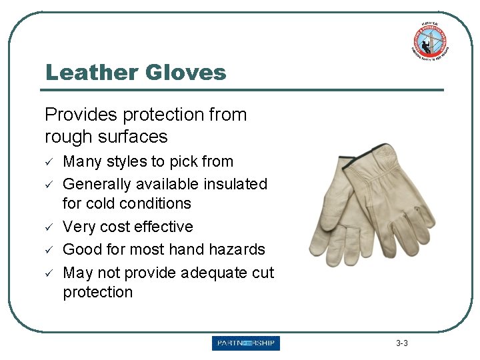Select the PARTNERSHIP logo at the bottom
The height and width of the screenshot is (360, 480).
point(246,343)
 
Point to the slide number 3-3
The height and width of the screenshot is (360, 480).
point(401,343)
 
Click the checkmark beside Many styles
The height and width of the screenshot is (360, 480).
point(49,162)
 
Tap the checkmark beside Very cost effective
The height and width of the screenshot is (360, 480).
point(49,227)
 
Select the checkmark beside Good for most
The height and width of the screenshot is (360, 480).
point(49,250)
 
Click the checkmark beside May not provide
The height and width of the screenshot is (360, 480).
point(49,273)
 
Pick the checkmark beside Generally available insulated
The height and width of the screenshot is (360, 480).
point(49,185)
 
